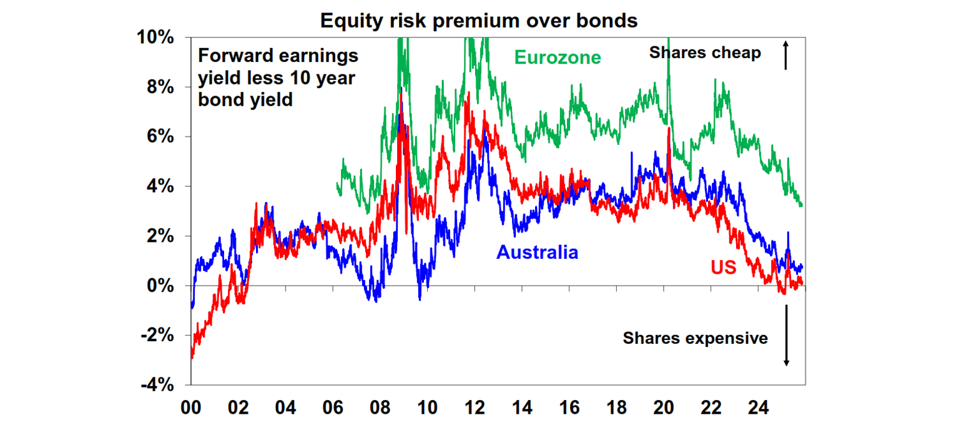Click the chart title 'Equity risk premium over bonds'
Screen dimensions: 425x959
tap(479, 21)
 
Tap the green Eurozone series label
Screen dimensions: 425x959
tap(558, 57)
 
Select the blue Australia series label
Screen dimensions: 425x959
tap(537, 252)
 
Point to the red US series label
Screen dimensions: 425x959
tap(723, 267)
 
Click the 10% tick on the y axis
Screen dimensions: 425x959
tap(155, 37)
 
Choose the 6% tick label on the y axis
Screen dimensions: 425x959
tap(159, 137)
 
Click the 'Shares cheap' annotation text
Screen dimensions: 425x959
tap(705, 53)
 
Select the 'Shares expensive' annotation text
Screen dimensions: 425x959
tap(695, 339)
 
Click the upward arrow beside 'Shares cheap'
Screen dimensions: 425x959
tap(786, 55)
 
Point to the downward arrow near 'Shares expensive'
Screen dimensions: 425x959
tap(786, 336)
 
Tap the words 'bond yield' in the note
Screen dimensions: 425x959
tap(245, 99)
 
